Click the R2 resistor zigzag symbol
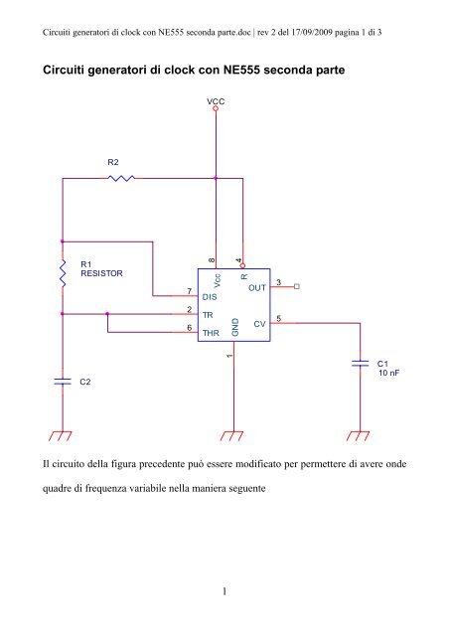[x=121, y=178]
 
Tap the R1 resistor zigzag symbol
[x=63, y=272]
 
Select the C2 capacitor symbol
[x=63, y=381]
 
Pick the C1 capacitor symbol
[x=360, y=363]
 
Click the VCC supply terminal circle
[x=216, y=108]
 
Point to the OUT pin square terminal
[x=296, y=287]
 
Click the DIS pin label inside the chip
[x=210, y=297]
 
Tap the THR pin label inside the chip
[x=211, y=333]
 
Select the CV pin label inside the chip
[x=259, y=324]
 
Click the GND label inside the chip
[x=235, y=327]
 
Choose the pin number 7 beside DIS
[x=189, y=291]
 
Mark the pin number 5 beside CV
[x=279, y=318]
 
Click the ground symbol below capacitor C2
[x=61, y=436]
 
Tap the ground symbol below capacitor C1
[x=359, y=436]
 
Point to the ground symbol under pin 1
[x=231, y=436]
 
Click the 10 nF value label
[x=389, y=373]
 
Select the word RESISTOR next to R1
[x=101, y=273]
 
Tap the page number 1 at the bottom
[x=224, y=591]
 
